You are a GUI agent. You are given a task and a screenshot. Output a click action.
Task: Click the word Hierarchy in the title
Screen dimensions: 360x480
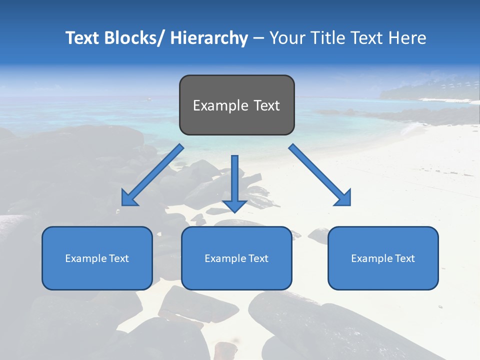coord(209,38)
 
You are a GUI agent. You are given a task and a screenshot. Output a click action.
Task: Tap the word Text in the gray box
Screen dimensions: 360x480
coord(266,105)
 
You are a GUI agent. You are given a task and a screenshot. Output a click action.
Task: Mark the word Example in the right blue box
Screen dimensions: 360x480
coord(369,258)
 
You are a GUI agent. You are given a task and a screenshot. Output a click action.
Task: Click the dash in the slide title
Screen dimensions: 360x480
coord(258,38)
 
